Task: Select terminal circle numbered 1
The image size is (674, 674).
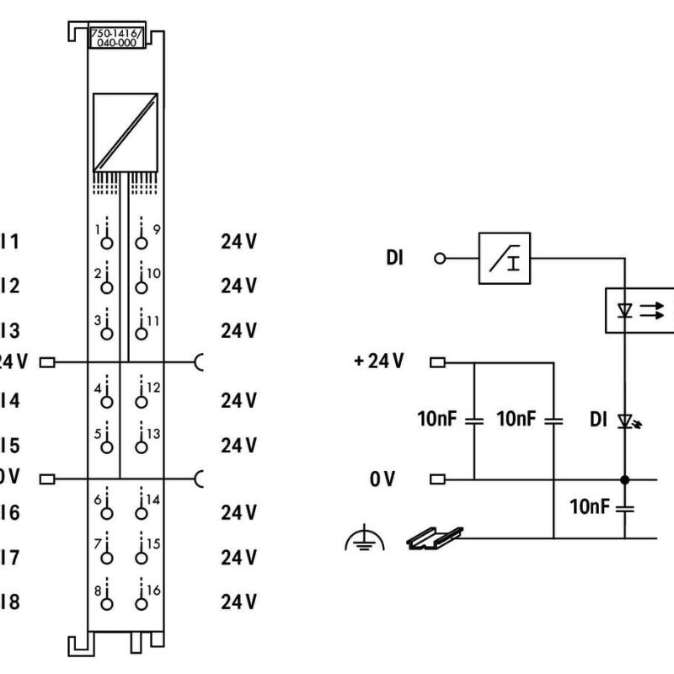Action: [106, 243]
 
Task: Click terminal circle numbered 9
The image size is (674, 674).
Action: [141, 243]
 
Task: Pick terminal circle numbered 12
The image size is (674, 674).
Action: [141, 400]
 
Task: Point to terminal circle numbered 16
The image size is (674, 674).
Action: [141, 602]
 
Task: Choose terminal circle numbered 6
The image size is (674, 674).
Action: [106, 513]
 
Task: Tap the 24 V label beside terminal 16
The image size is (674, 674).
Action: [238, 602]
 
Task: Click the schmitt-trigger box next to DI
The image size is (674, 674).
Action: [504, 258]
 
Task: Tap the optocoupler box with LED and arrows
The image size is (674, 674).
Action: [638, 309]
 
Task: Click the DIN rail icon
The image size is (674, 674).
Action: [435, 538]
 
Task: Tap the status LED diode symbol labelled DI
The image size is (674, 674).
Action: [625, 420]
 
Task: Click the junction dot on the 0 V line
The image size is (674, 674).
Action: [624, 480]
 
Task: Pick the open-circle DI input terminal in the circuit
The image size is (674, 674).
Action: [437, 258]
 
